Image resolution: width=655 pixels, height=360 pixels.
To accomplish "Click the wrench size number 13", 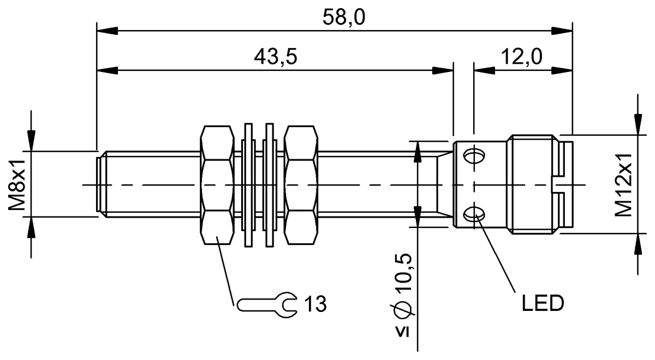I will coord(315,304).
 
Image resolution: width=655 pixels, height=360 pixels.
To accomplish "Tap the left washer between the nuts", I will coord(249,185).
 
